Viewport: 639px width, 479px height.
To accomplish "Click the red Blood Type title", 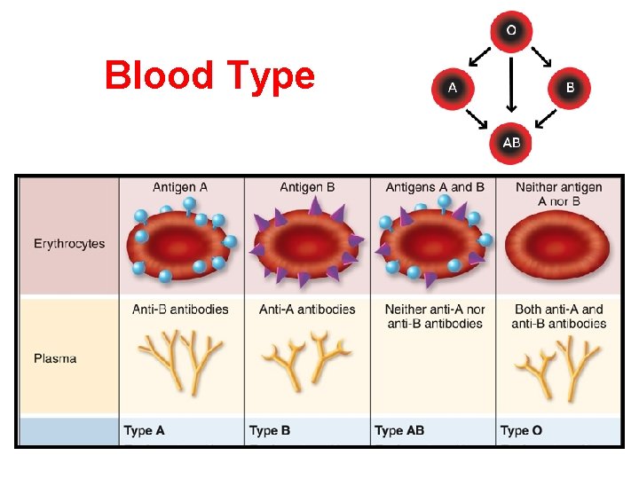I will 209,75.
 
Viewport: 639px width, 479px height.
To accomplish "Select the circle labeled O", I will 511,30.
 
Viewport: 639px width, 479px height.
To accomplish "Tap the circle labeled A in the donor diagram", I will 453,88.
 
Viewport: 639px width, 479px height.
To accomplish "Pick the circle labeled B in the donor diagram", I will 570,88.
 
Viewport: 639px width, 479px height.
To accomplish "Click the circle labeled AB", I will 511,142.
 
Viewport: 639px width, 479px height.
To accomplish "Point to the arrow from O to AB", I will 511,86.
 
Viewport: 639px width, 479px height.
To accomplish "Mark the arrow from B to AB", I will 541,118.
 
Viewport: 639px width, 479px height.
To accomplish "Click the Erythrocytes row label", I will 69,243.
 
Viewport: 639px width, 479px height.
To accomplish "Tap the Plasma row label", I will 55,358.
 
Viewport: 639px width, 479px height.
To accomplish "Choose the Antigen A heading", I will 180,187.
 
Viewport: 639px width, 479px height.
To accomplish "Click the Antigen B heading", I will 307,187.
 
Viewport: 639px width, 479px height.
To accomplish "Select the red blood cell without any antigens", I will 557,241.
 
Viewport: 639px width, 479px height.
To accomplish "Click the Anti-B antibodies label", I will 180,310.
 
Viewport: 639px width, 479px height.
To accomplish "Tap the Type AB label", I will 399,431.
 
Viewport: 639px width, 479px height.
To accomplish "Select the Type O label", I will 521,431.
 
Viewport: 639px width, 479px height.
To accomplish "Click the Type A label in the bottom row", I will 144,431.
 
